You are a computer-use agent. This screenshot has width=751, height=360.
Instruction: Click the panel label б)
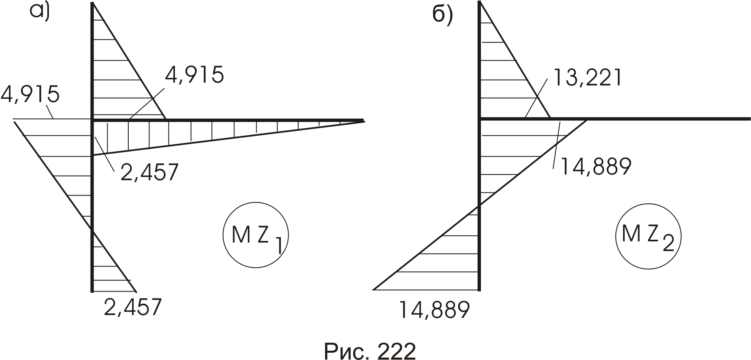point(443,15)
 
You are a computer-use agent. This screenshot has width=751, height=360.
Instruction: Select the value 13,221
point(587,77)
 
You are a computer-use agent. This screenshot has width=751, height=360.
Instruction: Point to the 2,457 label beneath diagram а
point(133,307)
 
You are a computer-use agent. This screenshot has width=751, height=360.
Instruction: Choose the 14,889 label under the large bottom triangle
point(434,310)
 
